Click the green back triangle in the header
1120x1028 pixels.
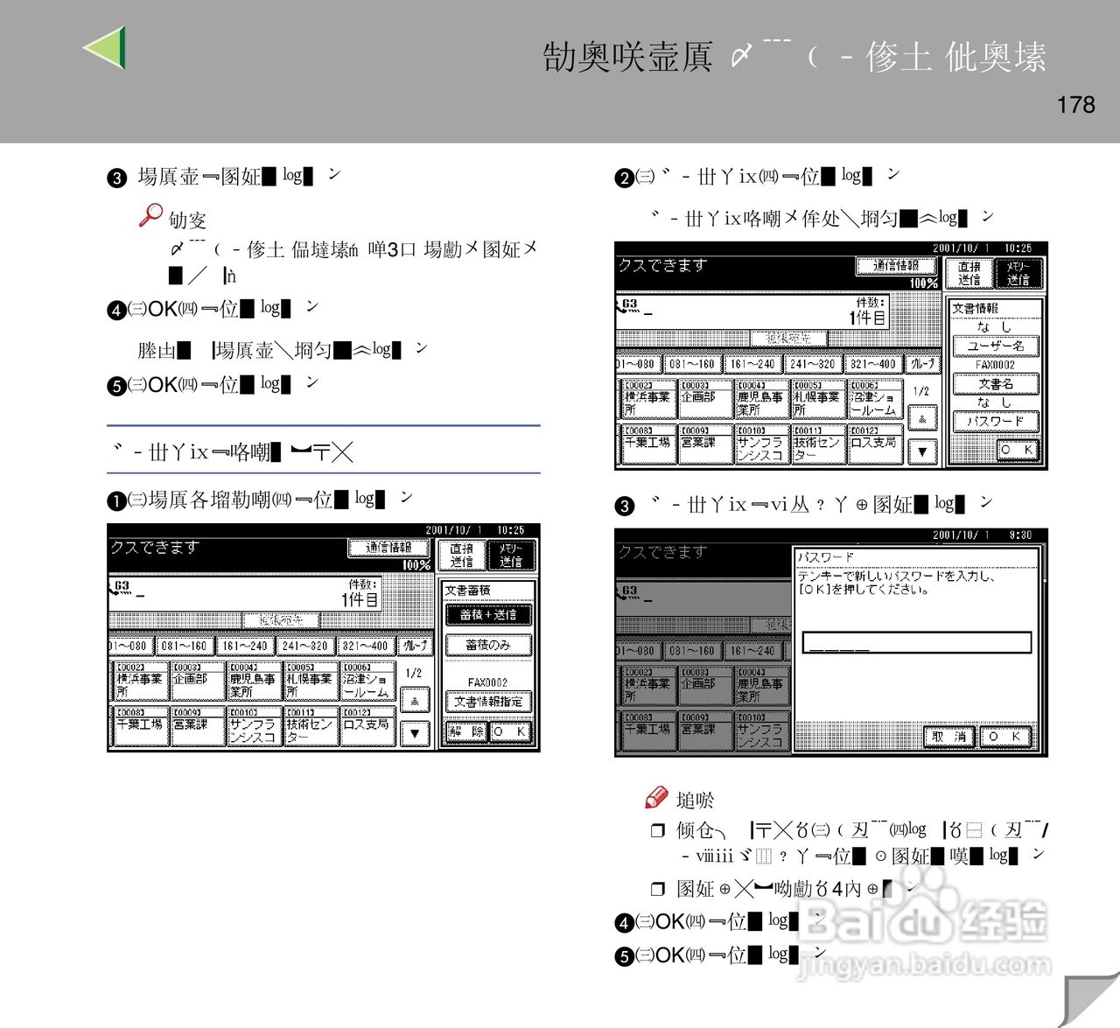[107, 47]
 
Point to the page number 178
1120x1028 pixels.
[1075, 105]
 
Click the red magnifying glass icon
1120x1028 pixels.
[150, 214]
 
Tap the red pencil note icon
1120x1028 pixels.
[656, 797]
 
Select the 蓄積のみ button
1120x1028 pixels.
[487, 645]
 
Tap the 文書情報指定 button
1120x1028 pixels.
[487, 702]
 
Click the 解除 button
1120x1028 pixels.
[465, 731]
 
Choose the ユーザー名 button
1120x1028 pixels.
[996, 346]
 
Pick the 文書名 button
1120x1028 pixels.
[996, 384]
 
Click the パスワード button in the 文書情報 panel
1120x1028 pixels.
[996, 422]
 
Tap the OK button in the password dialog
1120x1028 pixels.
[1004, 737]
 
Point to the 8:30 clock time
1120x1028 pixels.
[1020, 535]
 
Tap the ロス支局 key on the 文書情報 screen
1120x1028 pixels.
[873, 443]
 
